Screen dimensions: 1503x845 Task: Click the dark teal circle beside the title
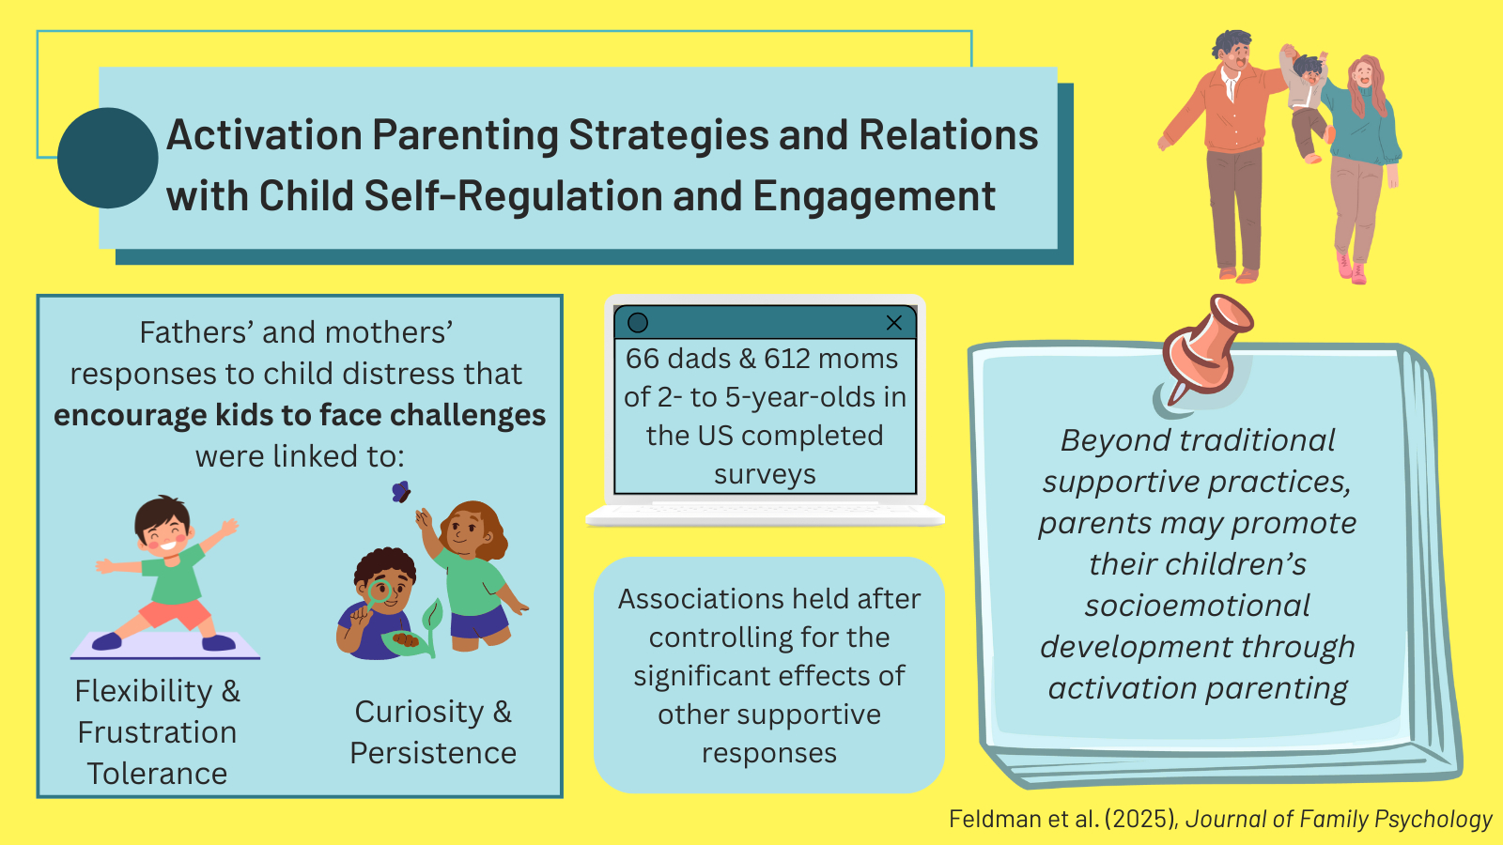click(108, 159)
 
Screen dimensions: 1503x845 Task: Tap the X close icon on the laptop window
click(893, 323)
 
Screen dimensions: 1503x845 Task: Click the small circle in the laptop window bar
click(638, 323)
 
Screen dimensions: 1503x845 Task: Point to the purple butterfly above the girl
click(400, 492)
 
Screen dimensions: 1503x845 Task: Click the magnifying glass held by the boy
click(377, 593)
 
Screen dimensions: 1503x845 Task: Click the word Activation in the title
click(265, 135)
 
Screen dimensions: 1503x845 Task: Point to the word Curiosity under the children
click(419, 712)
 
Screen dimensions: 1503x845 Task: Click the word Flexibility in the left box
click(144, 691)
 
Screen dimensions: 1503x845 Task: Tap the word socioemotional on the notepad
click(1197, 606)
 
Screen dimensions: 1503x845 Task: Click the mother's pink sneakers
click(1352, 269)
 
